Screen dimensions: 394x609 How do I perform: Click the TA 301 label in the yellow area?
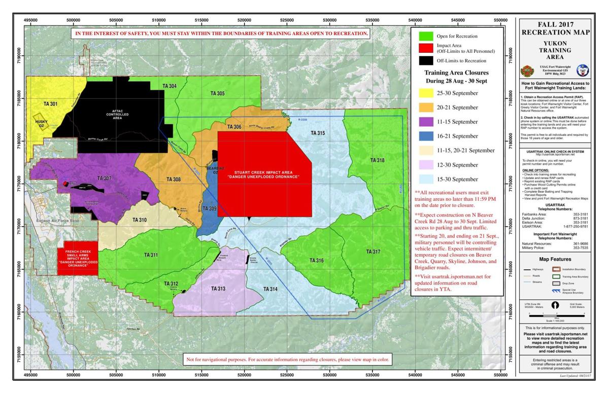pos(50,104)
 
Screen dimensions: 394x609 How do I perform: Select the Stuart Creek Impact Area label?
pos(263,174)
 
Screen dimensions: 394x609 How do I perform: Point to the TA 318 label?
pos(377,160)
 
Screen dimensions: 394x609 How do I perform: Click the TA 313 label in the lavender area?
pos(218,289)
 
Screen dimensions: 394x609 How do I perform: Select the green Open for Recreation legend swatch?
pos(425,37)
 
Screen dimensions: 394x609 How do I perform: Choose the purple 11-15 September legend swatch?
pos(425,122)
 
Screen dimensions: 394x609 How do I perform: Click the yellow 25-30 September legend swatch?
pos(425,93)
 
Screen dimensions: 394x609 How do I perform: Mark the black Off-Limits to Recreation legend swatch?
pos(425,61)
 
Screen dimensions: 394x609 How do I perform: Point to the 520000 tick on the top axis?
pos(244,20)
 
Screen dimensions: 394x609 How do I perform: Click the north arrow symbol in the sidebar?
pos(556,305)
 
